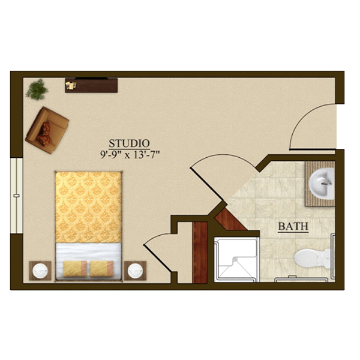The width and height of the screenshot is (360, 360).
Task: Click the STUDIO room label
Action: (129, 143)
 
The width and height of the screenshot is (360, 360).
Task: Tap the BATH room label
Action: (293, 226)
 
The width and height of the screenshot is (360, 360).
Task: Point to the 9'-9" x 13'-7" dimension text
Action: (130, 155)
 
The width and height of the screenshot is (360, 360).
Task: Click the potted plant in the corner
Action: (37, 89)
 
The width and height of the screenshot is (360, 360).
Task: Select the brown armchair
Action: (47, 130)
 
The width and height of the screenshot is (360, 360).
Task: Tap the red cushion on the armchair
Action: (44, 134)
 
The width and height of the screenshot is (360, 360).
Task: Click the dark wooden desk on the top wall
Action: (91, 85)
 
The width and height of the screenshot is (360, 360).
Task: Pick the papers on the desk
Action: (71, 85)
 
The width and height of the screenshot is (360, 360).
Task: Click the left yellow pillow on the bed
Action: (75, 269)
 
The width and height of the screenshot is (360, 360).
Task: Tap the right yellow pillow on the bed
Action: (101, 269)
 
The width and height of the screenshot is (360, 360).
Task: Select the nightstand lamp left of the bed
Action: (40, 271)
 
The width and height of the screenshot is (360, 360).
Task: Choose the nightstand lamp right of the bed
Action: (135, 271)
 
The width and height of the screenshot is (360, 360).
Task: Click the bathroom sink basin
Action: (322, 182)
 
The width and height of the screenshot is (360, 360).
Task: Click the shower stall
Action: (236, 260)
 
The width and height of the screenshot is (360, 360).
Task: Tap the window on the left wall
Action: (17, 196)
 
